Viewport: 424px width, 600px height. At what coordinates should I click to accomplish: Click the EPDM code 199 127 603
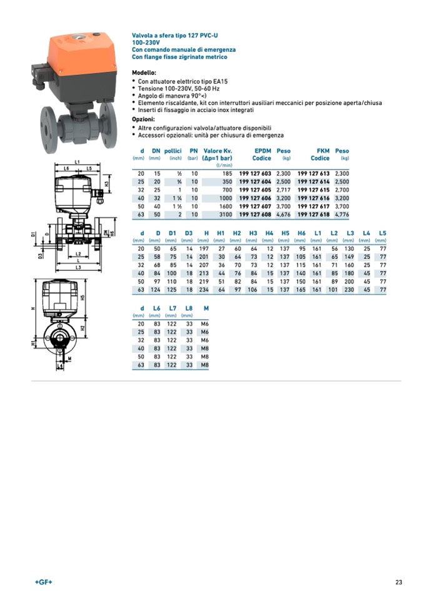[x=255, y=173]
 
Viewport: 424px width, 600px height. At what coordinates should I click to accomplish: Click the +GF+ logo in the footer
[x=44, y=582]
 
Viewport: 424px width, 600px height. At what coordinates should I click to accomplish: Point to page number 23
[x=398, y=582]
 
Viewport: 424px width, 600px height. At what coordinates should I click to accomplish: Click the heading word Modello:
[x=144, y=73]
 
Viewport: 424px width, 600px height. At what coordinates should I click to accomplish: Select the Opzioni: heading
[x=144, y=119]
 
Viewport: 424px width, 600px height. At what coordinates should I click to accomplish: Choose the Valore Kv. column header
[x=218, y=151]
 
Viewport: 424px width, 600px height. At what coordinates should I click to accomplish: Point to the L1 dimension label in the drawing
[x=77, y=163]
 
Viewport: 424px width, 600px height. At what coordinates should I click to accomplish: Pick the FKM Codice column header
[x=320, y=155]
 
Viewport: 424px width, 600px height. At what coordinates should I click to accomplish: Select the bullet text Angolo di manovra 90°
[x=172, y=95]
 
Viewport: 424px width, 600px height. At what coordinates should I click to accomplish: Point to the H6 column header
[x=301, y=233]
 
